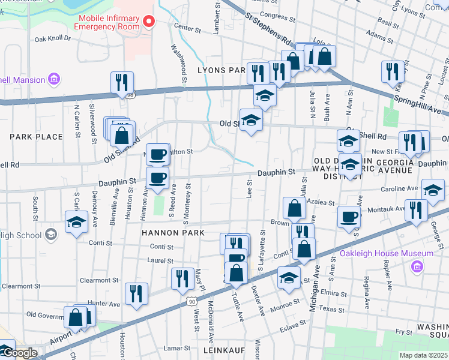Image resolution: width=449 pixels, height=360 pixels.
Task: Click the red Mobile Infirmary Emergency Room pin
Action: pos(149,22)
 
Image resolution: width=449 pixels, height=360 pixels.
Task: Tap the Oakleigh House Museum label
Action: pos(387,254)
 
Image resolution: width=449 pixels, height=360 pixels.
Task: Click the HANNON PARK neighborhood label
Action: pos(173,232)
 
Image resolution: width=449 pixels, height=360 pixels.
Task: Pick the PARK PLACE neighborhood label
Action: pos(36,137)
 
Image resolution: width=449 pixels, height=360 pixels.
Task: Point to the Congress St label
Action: pos(274,16)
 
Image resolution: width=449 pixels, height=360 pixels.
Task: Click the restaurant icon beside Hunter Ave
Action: pos(136,293)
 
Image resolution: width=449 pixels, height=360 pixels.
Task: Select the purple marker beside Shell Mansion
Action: pos(55,79)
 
